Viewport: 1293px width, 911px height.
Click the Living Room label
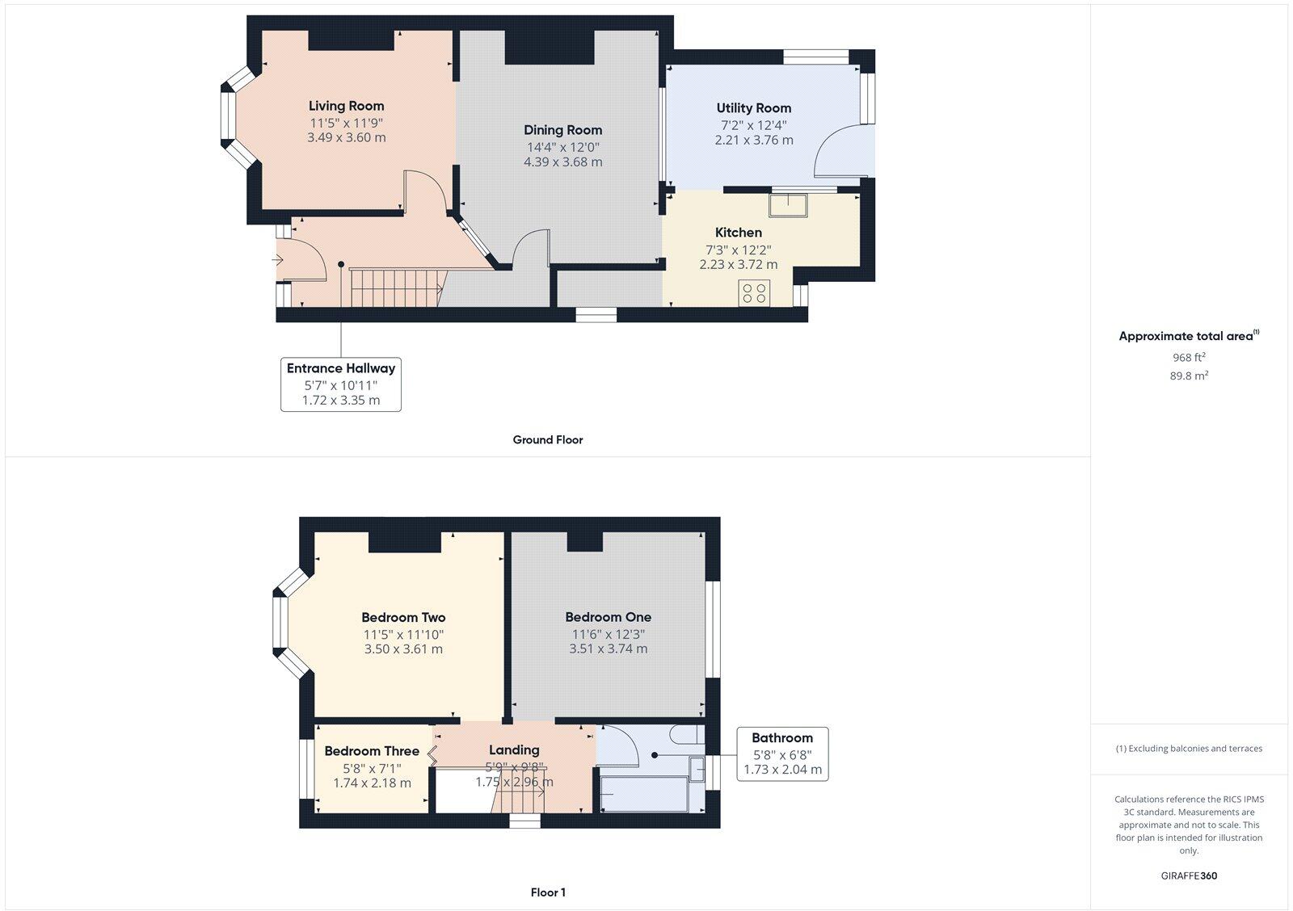346,106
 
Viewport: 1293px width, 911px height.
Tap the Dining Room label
562,130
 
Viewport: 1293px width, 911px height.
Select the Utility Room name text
753,108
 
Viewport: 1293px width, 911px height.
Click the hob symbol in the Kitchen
754,292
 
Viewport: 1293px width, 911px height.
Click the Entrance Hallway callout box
341,384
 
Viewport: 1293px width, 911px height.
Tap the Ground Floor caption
547,440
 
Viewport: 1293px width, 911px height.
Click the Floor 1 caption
547,892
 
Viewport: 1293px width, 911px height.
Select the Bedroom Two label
403,618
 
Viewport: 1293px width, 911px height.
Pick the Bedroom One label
608,617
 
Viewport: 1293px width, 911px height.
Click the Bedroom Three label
372,751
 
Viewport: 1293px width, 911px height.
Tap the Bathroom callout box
781,753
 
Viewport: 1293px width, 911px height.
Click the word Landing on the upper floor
514,749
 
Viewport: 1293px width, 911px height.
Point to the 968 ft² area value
1189,357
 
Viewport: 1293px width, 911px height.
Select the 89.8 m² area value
1189,376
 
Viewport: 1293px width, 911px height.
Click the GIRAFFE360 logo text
1189,875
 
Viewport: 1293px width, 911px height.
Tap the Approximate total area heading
1186,336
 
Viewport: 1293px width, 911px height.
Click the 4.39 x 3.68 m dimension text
562,162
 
